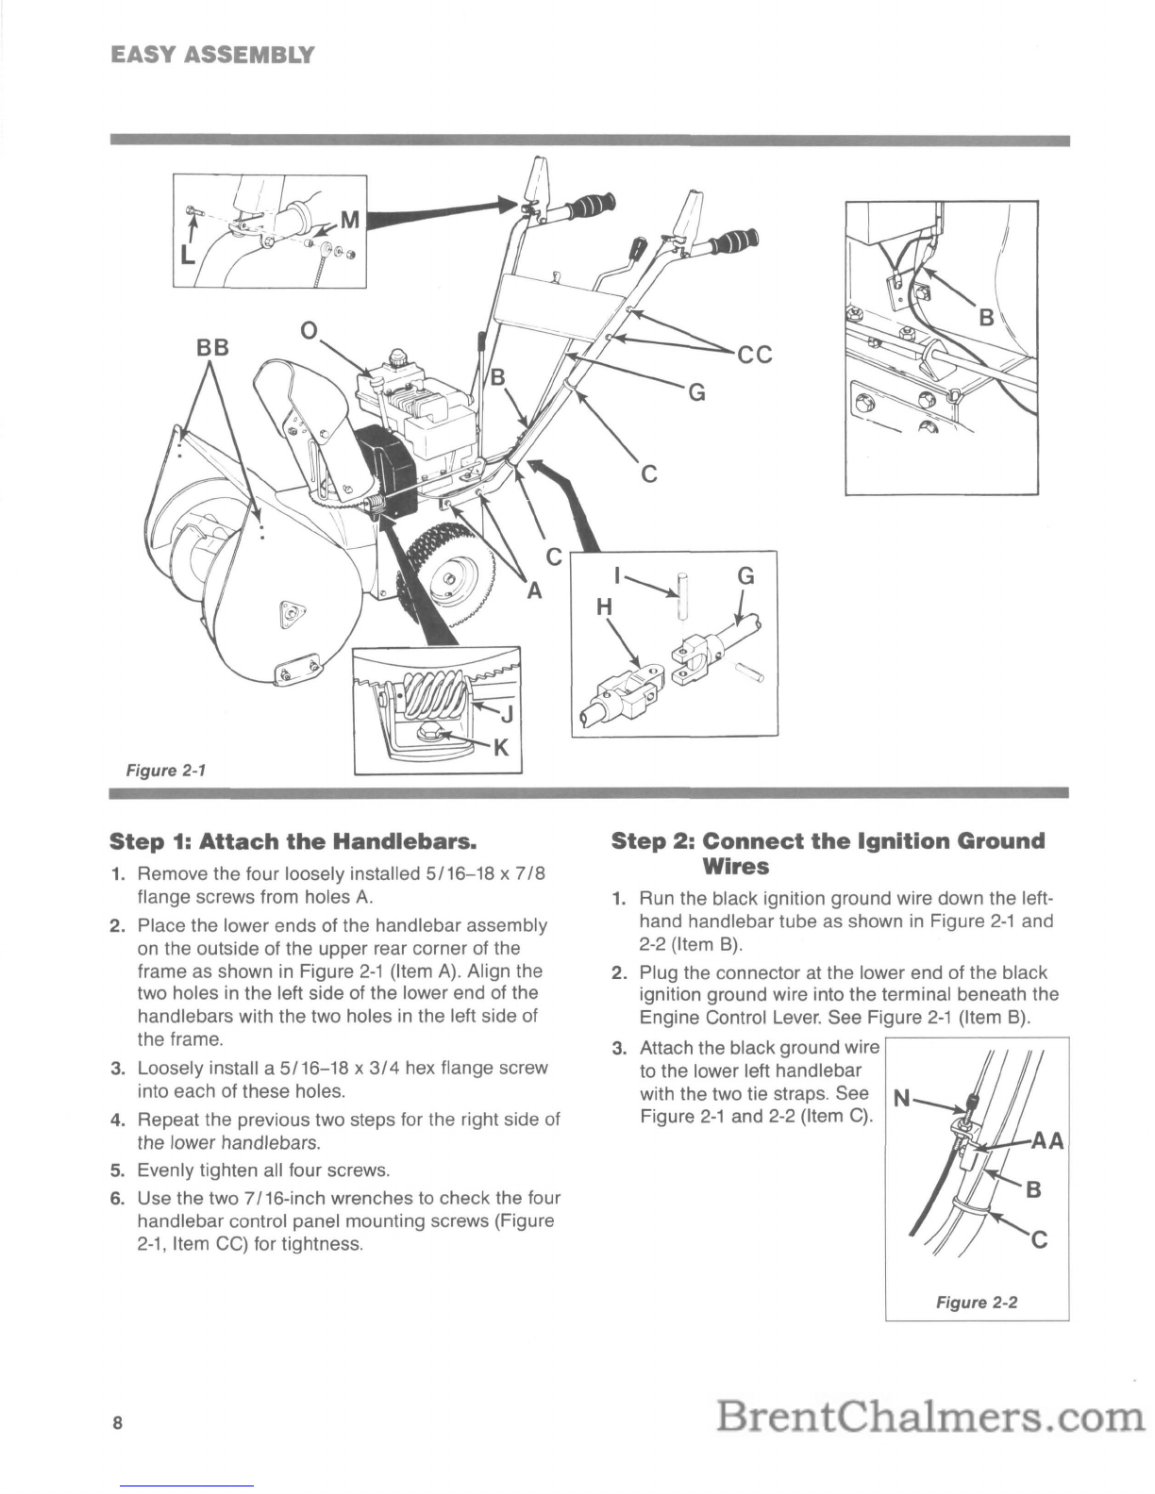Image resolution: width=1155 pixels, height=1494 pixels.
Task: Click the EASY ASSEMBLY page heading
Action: [x=212, y=55]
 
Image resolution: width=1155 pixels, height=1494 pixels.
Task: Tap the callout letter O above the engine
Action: [x=310, y=331]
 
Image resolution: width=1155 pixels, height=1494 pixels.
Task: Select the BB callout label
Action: [x=212, y=348]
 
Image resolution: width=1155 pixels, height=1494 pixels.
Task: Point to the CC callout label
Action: [x=755, y=355]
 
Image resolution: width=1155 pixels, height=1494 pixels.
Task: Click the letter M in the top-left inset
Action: [x=350, y=220]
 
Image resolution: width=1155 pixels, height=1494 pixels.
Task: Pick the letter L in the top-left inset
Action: [x=187, y=255]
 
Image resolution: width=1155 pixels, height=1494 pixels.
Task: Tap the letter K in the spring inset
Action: [x=501, y=747]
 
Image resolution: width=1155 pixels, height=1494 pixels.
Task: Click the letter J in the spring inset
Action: [x=507, y=716]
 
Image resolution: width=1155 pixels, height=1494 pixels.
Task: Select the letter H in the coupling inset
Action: [x=604, y=607]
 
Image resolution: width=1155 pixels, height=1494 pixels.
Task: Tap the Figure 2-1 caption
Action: [x=166, y=770]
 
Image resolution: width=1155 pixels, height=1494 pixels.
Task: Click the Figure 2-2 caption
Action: [x=977, y=1303]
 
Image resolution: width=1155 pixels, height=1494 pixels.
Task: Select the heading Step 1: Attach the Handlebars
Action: [x=293, y=841]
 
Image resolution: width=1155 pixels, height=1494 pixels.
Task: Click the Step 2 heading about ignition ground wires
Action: [x=829, y=854]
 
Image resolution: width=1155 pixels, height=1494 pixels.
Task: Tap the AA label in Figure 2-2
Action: [x=1047, y=1142]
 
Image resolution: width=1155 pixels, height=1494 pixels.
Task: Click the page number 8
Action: [x=118, y=1422]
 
